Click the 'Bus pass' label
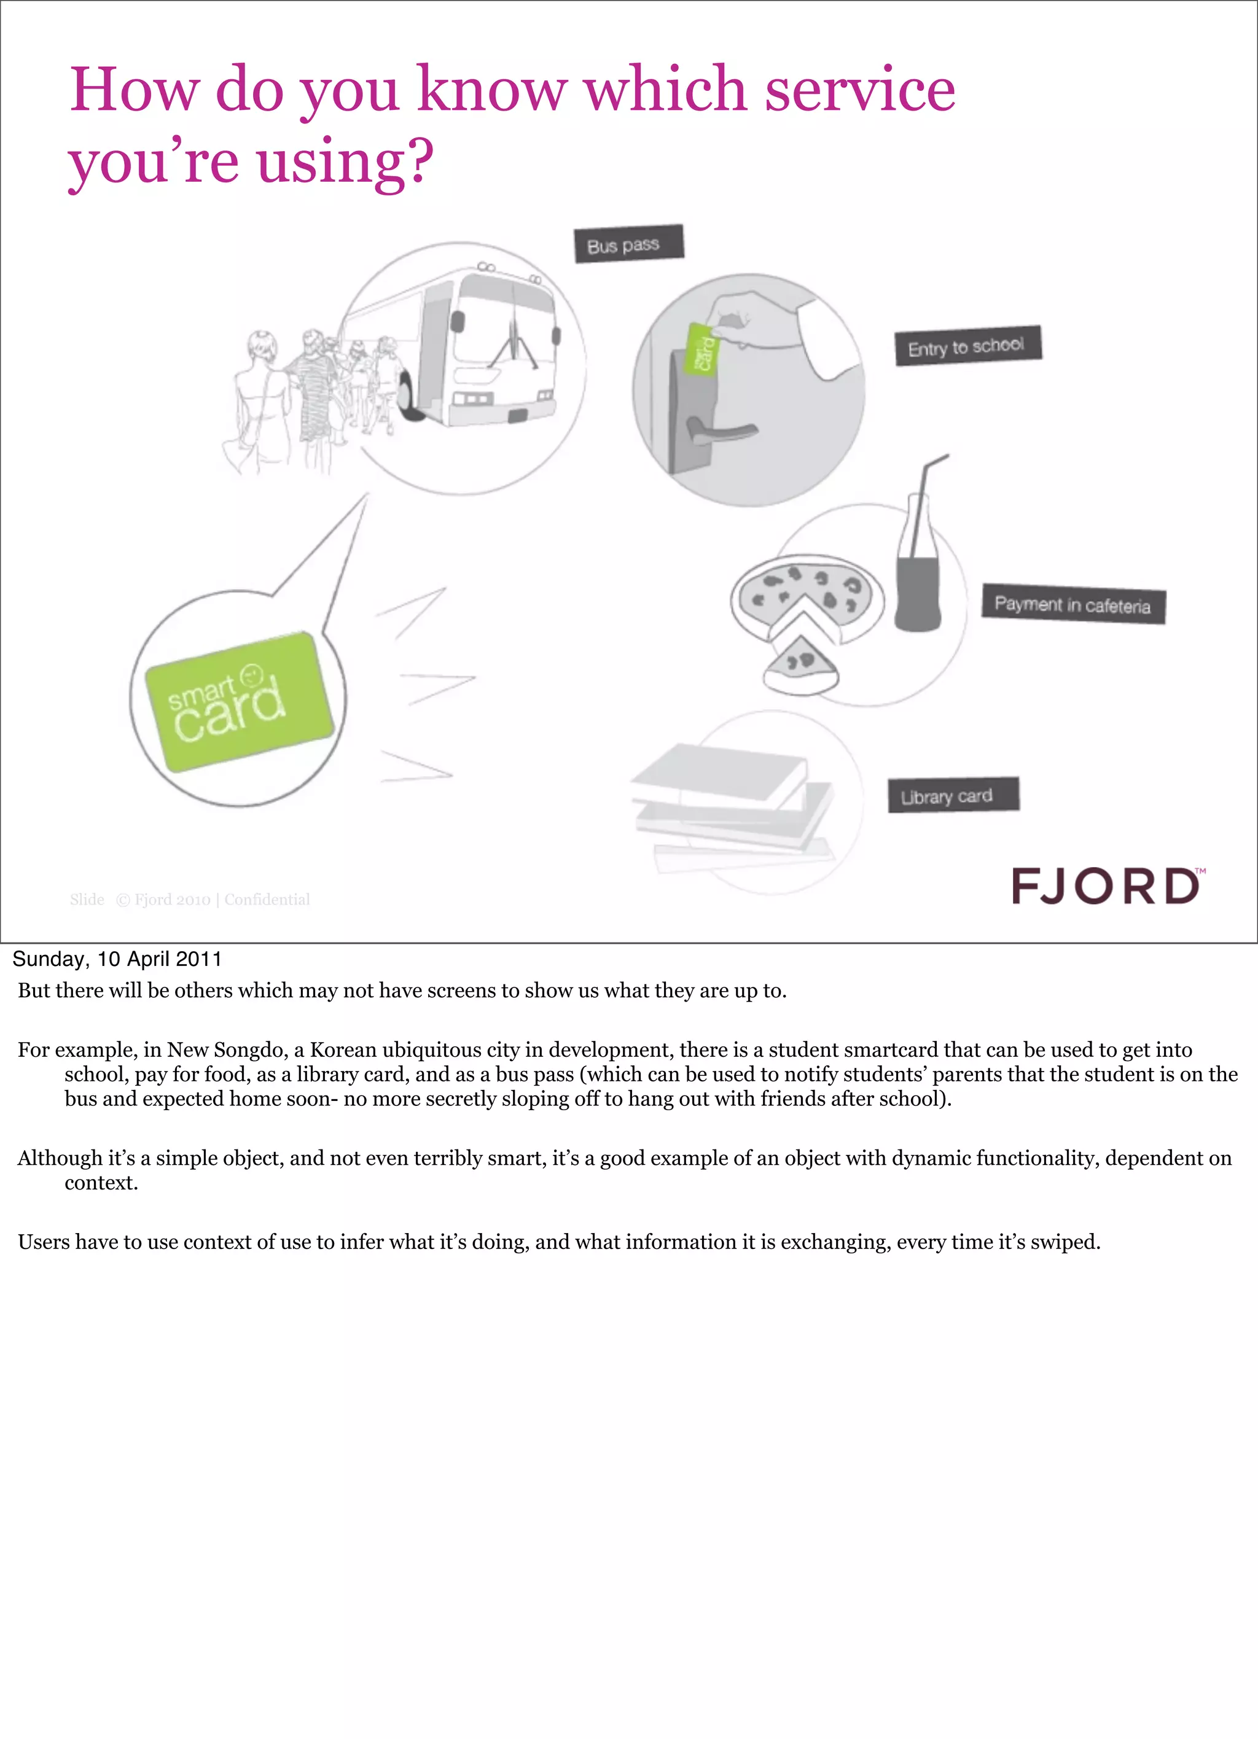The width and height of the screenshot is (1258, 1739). click(x=628, y=244)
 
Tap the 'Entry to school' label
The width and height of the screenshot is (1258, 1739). click(x=967, y=346)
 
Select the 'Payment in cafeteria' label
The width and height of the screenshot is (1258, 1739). click(x=1073, y=605)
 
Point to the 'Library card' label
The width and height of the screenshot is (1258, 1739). click(x=953, y=795)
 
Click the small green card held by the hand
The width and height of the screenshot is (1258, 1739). click(x=700, y=349)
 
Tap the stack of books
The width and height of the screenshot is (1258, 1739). click(x=733, y=805)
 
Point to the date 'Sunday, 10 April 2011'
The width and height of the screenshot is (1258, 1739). click(x=117, y=959)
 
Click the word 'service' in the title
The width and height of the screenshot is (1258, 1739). click(x=860, y=90)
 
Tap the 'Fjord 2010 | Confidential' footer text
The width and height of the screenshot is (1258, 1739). click(x=222, y=900)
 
